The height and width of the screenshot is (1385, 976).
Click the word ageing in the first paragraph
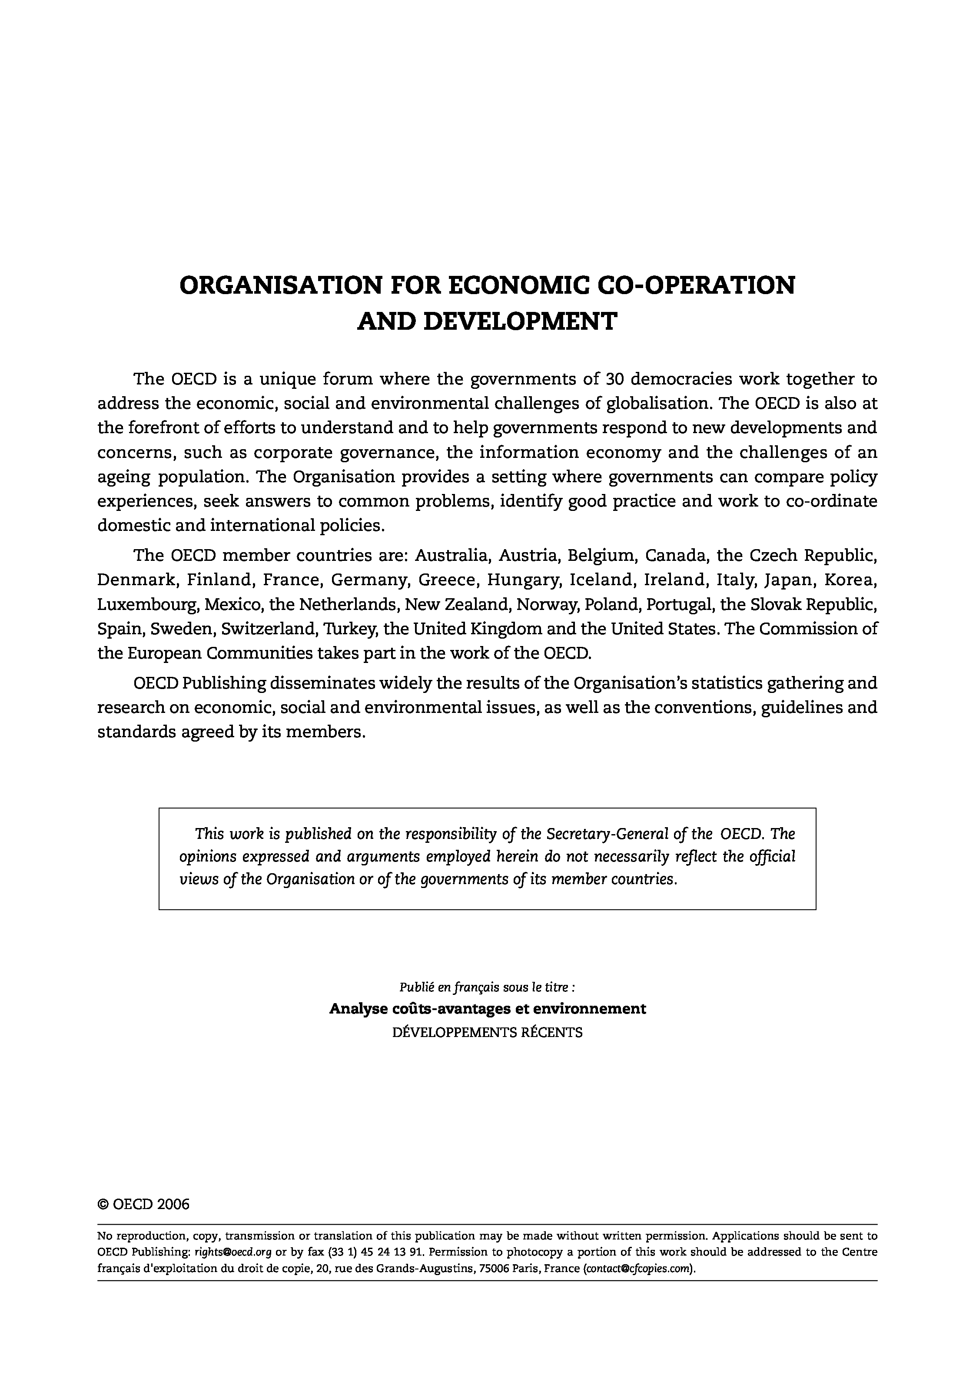click(x=123, y=477)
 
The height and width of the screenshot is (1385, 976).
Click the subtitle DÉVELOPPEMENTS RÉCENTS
click(x=488, y=1032)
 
